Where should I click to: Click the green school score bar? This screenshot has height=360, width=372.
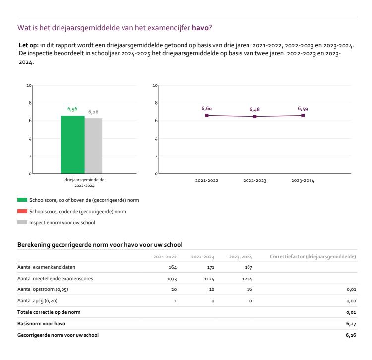[x=72, y=144]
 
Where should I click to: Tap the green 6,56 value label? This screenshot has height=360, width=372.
[x=72, y=109]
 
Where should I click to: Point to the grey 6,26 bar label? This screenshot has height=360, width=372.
[x=93, y=112]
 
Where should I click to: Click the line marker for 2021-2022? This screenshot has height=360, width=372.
[x=206, y=115]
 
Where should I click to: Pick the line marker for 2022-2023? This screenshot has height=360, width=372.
[x=254, y=116]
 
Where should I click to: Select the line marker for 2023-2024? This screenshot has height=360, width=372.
[x=303, y=115]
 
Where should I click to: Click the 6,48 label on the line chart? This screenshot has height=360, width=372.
[x=254, y=109]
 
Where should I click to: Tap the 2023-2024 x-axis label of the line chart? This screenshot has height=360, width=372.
[x=303, y=181]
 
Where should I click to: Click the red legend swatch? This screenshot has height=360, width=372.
[x=22, y=211]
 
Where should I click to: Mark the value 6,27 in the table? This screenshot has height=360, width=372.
[x=351, y=323]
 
